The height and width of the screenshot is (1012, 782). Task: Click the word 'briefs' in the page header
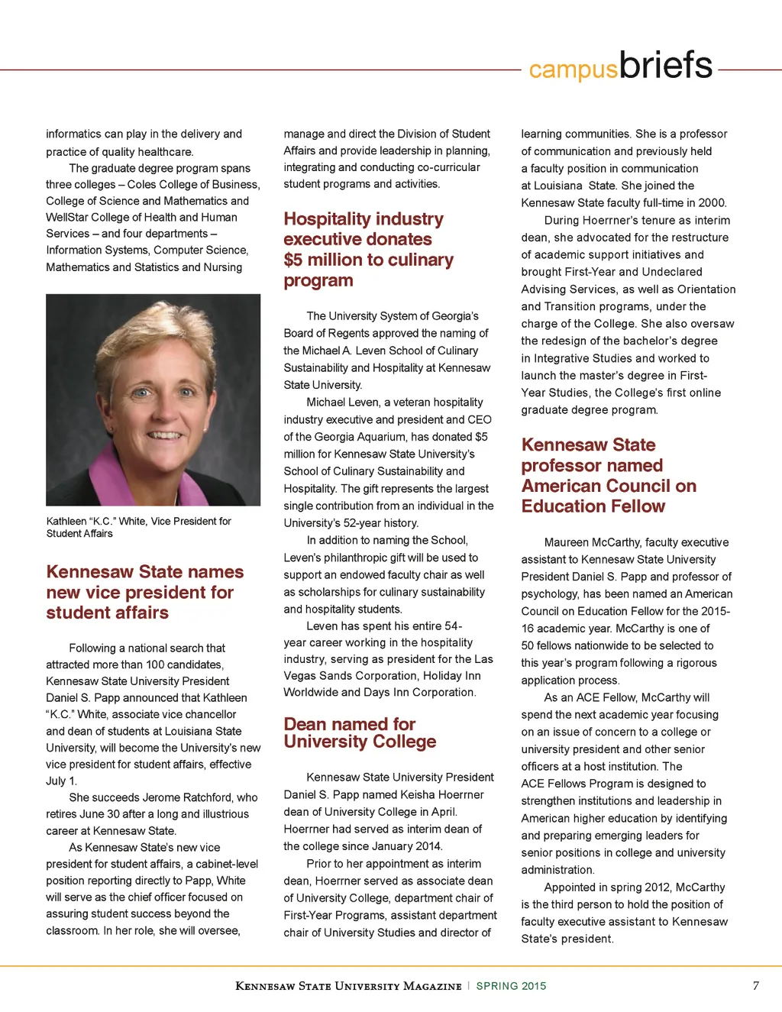pyautogui.click(x=666, y=66)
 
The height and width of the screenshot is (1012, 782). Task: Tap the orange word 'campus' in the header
pyautogui.click(x=573, y=70)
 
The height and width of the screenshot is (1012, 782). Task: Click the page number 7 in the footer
pyautogui.click(x=756, y=985)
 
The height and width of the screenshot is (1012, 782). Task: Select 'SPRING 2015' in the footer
pyautogui.click(x=511, y=986)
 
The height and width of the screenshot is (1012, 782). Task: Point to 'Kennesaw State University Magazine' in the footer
pyautogui.click(x=348, y=986)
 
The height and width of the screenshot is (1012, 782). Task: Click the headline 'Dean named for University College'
pyautogui.click(x=360, y=732)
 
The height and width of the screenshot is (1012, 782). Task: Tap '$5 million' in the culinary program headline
pyautogui.click(x=324, y=260)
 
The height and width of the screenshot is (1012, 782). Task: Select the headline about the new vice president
pyautogui.click(x=144, y=592)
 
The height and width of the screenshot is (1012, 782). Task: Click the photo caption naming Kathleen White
pyautogui.click(x=138, y=527)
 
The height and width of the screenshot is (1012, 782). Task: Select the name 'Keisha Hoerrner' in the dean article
pyautogui.click(x=448, y=794)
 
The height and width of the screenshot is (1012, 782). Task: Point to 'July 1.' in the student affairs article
pyautogui.click(x=61, y=781)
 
